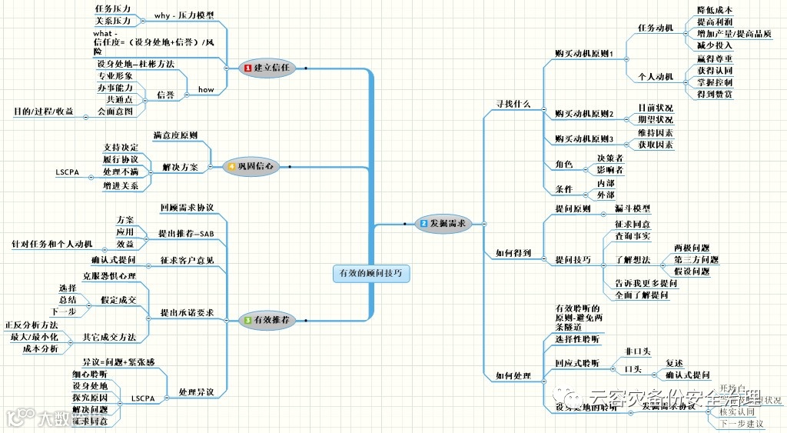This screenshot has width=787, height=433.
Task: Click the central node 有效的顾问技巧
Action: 372,273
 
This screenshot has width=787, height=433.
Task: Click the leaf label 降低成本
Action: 714,9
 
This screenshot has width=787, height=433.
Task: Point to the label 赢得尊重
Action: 714,58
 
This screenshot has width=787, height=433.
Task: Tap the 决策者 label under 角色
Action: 609,157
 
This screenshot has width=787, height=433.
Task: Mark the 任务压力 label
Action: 113,8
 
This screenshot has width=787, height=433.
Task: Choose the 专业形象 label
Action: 115,76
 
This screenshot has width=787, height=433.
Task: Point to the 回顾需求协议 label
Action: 187,208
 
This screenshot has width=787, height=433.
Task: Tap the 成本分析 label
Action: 40,348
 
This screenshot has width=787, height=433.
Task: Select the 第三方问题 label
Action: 696,259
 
